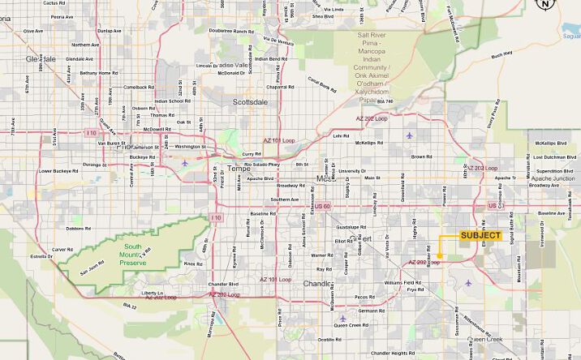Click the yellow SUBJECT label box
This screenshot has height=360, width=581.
[x=480, y=236]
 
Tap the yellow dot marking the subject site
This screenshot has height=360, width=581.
[x=440, y=256]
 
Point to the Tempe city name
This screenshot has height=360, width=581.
[x=238, y=169]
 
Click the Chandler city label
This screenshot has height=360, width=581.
[x=317, y=284]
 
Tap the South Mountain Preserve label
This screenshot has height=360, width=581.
[x=134, y=256]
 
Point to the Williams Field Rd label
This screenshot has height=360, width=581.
[x=403, y=281]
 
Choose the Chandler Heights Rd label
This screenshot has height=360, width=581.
[x=392, y=354]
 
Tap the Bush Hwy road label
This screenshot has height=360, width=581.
[x=501, y=55]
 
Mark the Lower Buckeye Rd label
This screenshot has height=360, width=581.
[x=57, y=171]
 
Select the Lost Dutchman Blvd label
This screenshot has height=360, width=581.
[x=554, y=156]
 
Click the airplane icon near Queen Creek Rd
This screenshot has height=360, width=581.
[x=342, y=318]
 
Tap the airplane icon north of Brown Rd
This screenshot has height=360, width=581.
[x=409, y=135]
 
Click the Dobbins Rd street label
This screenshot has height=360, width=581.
[x=79, y=229]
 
